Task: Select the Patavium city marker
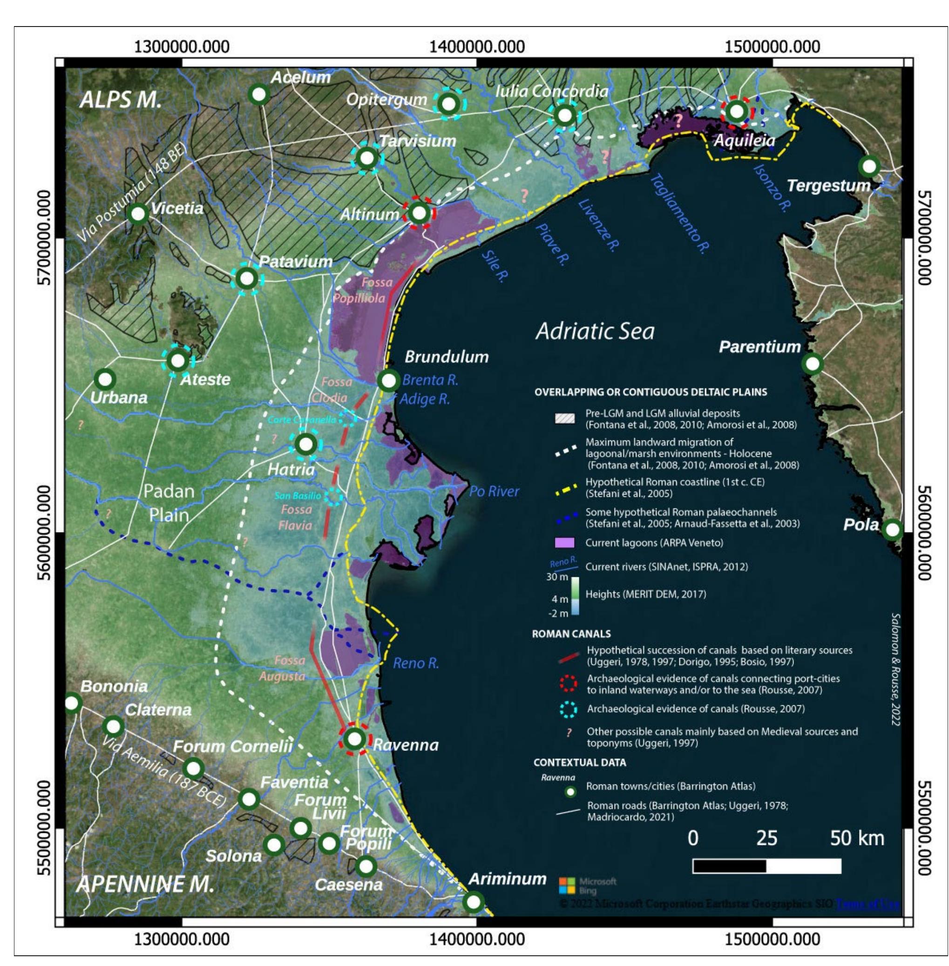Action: (x=247, y=278)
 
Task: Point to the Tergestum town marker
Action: (x=869, y=166)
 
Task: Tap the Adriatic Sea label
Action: (x=595, y=331)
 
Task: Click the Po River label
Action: (x=494, y=491)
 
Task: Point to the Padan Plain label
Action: (x=169, y=503)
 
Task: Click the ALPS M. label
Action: (x=121, y=100)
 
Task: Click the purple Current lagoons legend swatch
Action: (x=565, y=542)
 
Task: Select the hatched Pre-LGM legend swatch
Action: (x=565, y=419)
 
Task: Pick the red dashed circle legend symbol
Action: (x=569, y=683)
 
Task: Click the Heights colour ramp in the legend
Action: (x=575, y=595)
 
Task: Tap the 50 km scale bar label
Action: (x=857, y=838)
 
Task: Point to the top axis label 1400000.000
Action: (x=477, y=47)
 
